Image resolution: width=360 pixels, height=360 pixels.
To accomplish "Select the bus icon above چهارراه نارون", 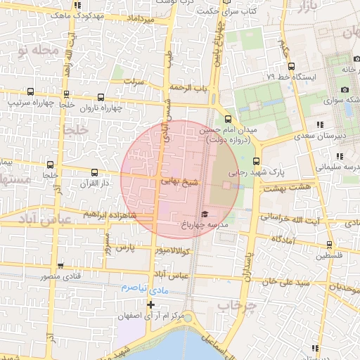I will (x=101, y=98).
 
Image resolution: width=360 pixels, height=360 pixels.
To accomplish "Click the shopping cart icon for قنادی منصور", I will (x=60, y=266).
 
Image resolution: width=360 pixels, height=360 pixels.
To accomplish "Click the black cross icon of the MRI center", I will (x=150, y=304).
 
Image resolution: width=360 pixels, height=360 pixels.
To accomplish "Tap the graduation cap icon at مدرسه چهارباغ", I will (x=205, y=214).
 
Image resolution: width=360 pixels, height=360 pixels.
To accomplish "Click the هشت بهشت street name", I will (x=285, y=187).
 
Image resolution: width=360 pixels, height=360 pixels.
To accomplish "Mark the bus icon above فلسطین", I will (x=329, y=245).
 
